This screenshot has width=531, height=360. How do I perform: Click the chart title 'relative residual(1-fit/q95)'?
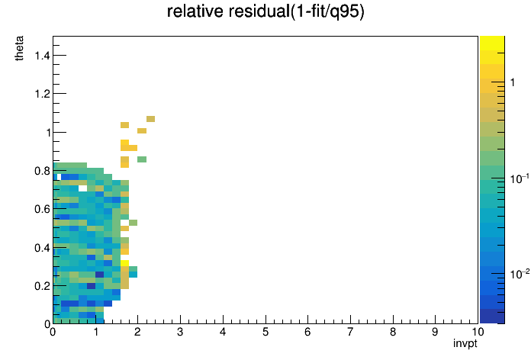point(265,11)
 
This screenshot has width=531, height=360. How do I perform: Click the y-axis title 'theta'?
point(19,48)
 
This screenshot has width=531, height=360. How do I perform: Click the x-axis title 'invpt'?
point(465,343)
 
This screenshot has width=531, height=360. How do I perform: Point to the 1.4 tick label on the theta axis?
point(42,55)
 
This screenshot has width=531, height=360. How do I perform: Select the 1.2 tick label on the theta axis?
point(42,94)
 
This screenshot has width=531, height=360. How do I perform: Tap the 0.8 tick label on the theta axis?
point(42,171)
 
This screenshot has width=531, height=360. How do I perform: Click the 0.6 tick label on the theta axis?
point(42,209)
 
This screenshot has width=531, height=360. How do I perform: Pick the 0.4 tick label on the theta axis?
point(42,248)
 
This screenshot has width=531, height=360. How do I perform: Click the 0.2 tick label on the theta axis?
point(42,286)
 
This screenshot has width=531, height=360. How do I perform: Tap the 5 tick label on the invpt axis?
point(265,332)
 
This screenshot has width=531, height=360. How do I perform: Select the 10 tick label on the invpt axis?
point(478,332)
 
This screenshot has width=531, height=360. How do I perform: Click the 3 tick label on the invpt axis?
point(180,332)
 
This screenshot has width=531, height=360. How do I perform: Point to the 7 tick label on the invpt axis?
point(350,332)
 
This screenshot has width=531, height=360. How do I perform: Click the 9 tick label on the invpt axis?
point(435,332)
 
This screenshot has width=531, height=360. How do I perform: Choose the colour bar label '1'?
point(513,82)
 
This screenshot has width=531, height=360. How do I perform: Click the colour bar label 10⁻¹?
point(520,178)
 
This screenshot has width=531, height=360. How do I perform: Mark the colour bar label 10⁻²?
point(520,274)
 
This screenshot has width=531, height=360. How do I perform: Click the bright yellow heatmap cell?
point(124,263)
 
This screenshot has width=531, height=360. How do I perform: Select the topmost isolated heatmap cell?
point(151,119)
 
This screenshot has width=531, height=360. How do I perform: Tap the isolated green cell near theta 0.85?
point(142,159)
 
